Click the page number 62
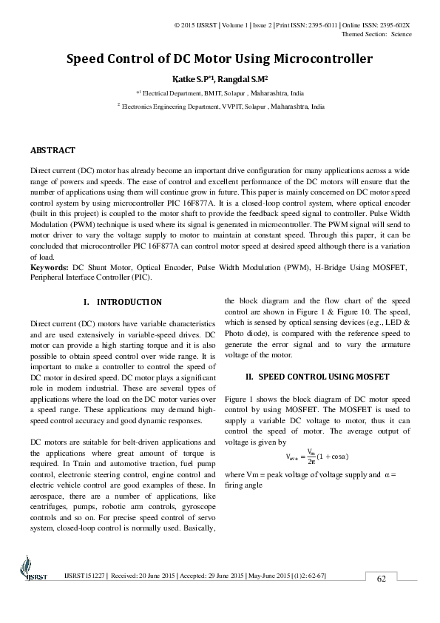382,578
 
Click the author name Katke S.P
192,78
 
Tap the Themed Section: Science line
376,34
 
